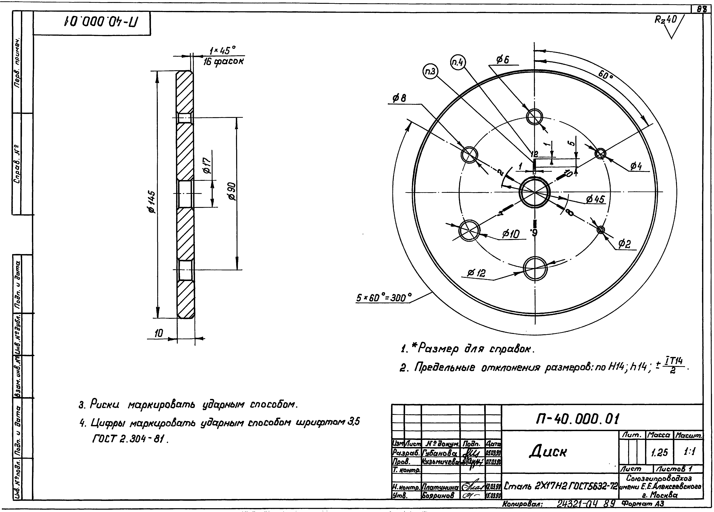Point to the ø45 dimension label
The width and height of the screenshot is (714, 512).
[x=595, y=199]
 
